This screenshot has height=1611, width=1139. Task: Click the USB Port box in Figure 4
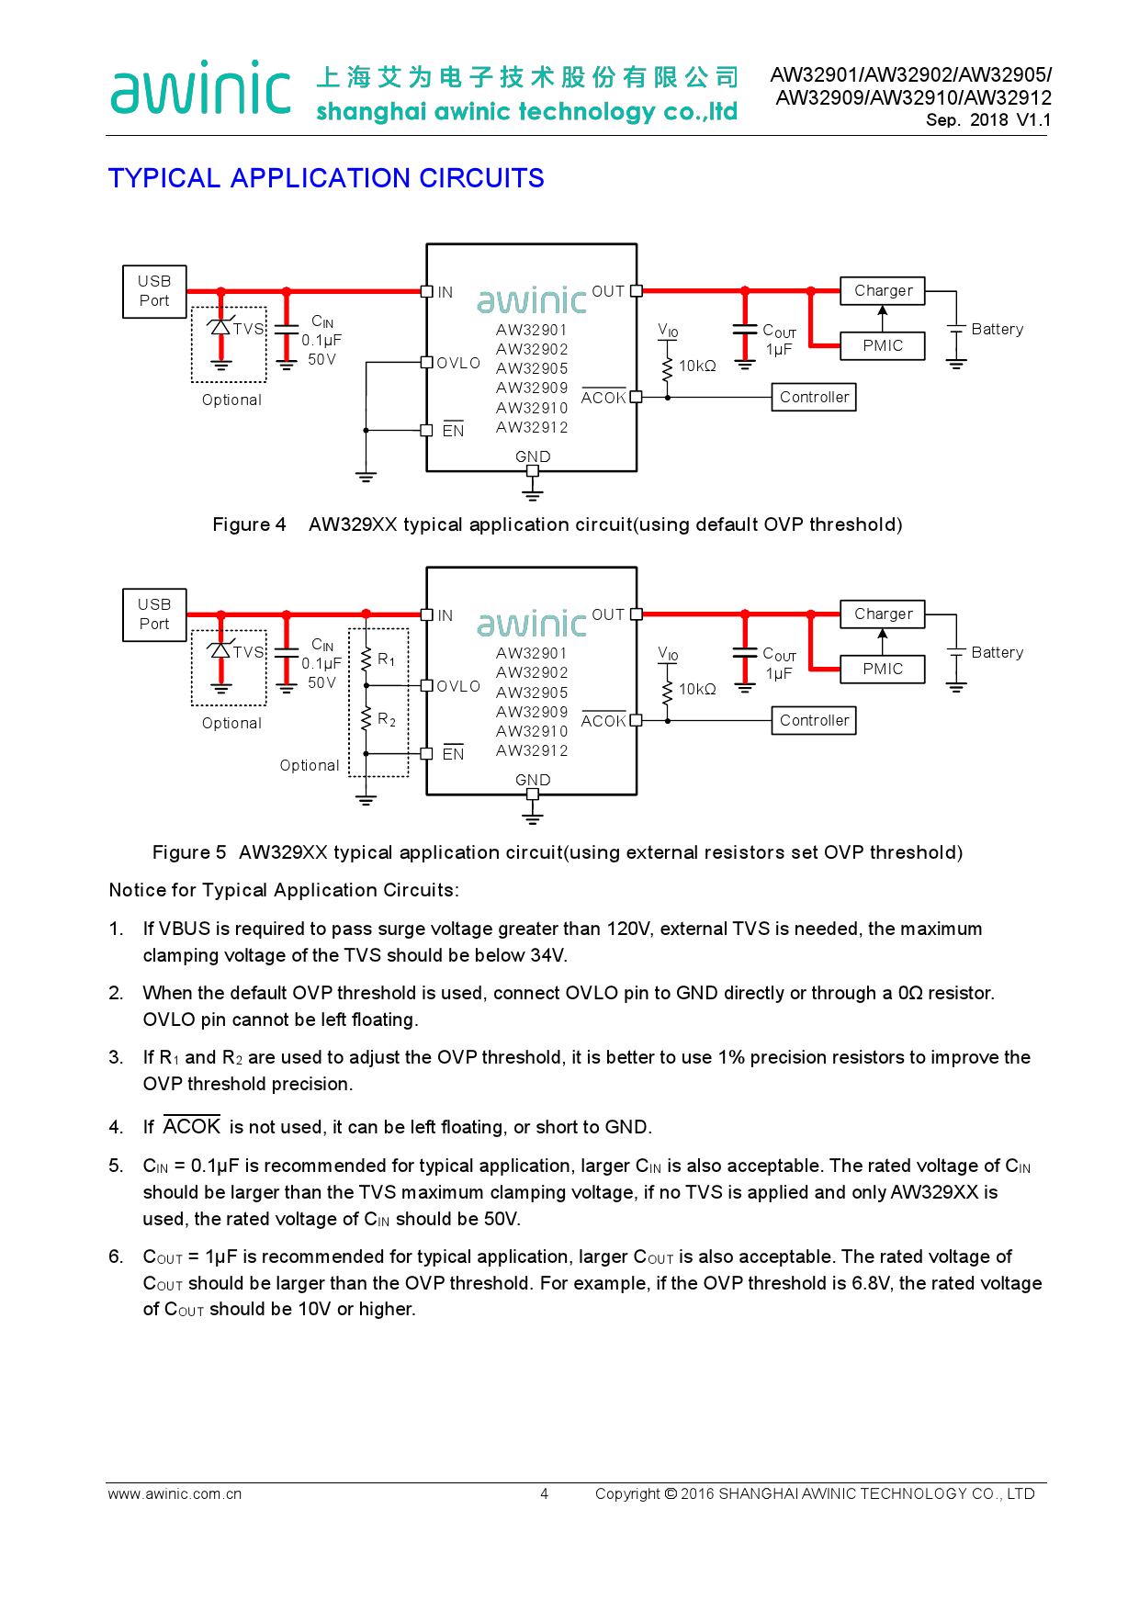tap(154, 291)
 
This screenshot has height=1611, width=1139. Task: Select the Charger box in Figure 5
tap(883, 614)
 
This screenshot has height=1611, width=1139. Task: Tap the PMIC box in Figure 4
tap(883, 345)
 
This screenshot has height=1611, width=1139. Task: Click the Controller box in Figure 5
tap(814, 720)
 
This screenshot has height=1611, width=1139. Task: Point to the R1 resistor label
tap(387, 659)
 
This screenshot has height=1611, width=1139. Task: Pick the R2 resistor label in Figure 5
tap(387, 719)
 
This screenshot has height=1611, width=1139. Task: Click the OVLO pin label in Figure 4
tap(458, 363)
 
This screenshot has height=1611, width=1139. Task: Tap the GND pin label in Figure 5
tap(533, 780)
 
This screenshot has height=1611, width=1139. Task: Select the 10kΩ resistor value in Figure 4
tap(697, 366)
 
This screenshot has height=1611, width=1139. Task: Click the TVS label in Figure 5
tap(248, 652)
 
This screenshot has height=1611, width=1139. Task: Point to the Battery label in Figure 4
tap(997, 329)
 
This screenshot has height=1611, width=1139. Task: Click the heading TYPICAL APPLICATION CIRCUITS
tap(326, 178)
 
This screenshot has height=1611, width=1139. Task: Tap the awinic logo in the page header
tap(200, 89)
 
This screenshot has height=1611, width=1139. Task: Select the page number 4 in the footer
tap(544, 1493)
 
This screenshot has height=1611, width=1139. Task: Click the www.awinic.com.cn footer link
tap(175, 1493)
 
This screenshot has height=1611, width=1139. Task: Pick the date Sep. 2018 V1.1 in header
tap(988, 119)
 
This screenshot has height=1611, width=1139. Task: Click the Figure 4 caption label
tap(249, 524)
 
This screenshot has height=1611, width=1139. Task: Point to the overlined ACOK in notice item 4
tap(192, 1127)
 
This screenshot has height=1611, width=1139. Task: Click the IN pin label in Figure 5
tap(445, 615)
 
